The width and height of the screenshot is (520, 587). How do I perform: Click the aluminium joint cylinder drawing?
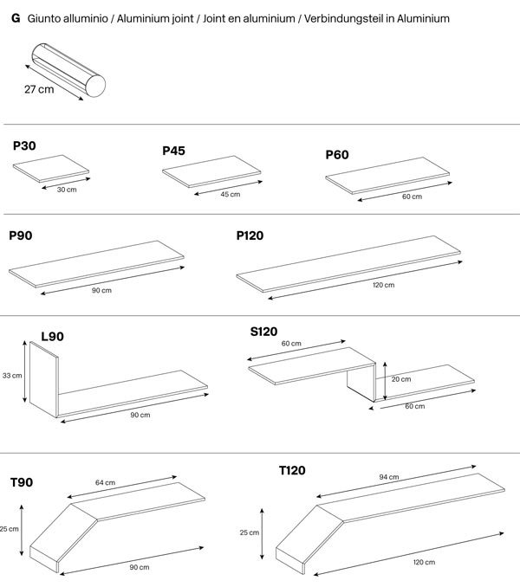(67, 72)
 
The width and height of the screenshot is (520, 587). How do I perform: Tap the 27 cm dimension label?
(39, 88)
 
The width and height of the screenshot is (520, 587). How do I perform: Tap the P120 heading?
(250, 235)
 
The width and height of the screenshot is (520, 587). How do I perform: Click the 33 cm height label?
(12, 376)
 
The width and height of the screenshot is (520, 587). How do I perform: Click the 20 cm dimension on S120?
(400, 379)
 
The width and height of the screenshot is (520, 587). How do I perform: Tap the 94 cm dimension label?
(389, 477)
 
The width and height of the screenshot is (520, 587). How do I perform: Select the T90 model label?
(23, 482)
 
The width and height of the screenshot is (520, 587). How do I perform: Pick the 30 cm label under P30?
(66, 189)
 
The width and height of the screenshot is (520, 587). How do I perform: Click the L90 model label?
(52, 336)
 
